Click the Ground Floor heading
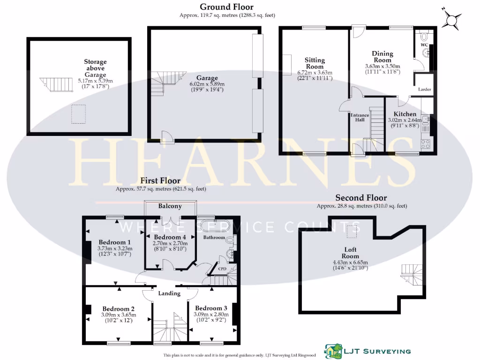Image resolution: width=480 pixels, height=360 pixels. tap(226, 7)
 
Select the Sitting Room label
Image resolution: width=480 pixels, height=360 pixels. tap(315, 63)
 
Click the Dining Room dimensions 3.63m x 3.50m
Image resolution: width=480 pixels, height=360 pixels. tap(382, 67)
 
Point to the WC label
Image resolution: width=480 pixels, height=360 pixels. tap(424, 45)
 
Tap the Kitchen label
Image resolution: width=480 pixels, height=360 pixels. tap(405, 114)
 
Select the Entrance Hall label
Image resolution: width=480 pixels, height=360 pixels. tap(360, 117)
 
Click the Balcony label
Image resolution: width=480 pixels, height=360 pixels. tap(170, 206)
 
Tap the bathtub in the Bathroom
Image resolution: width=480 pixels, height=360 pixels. tap(215, 226)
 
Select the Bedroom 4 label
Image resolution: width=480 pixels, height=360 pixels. tap(170, 237)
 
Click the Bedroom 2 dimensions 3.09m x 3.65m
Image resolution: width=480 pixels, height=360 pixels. tap(119, 315)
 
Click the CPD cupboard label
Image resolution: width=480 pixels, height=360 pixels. tap(222, 269)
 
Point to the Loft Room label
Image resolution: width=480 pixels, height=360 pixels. tap(350, 253)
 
